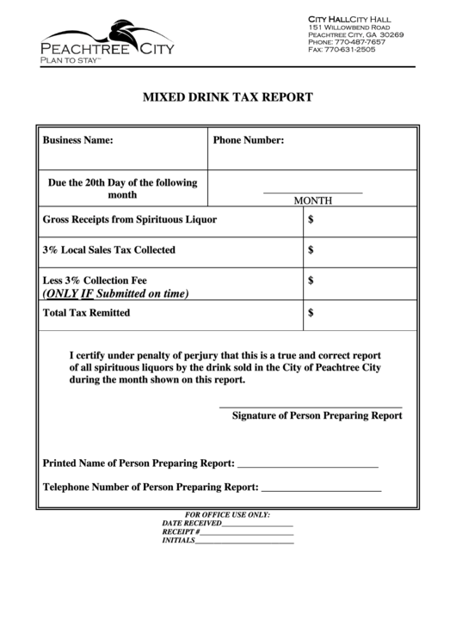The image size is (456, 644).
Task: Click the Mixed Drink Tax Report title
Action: click(227, 97)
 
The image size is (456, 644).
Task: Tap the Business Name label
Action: click(77, 140)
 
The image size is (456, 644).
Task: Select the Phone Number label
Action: click(249, 140)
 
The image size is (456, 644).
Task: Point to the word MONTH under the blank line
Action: click(313, 200)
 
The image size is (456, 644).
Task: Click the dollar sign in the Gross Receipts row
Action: click(311, 219)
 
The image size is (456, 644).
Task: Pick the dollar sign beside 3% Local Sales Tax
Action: click(311, 250)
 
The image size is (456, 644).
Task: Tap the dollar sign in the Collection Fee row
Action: click(311, 280)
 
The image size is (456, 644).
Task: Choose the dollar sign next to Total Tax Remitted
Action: click(311, 313)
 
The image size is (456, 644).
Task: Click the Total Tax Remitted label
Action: click(86, 313)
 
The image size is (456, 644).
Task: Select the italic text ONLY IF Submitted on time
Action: click(115, 293)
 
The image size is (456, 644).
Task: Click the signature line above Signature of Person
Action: click(311, 406)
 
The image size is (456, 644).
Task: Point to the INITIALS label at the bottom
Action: click(179, 541)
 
